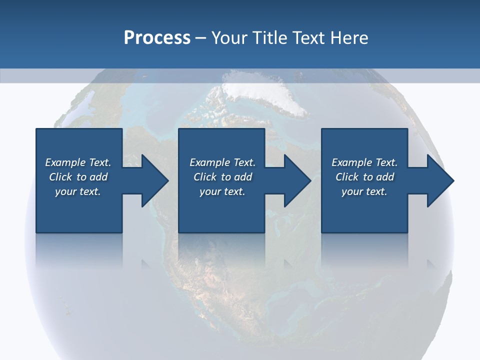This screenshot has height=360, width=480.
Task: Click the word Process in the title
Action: [x=157, y=38]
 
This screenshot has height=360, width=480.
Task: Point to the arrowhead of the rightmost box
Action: [x=440, y=180]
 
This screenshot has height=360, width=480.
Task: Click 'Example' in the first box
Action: [x=65, y=162]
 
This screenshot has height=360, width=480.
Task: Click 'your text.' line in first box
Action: [x=78, y=192]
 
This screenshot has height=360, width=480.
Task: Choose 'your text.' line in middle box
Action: [x=222, y=192]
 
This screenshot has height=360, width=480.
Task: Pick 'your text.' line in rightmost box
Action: [x=364, y=192]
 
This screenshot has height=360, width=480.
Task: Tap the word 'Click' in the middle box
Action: [x=204, y=177]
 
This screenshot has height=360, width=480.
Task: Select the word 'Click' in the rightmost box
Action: [x=346, y=177]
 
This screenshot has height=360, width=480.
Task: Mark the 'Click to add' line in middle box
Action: [x=222, y=177]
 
